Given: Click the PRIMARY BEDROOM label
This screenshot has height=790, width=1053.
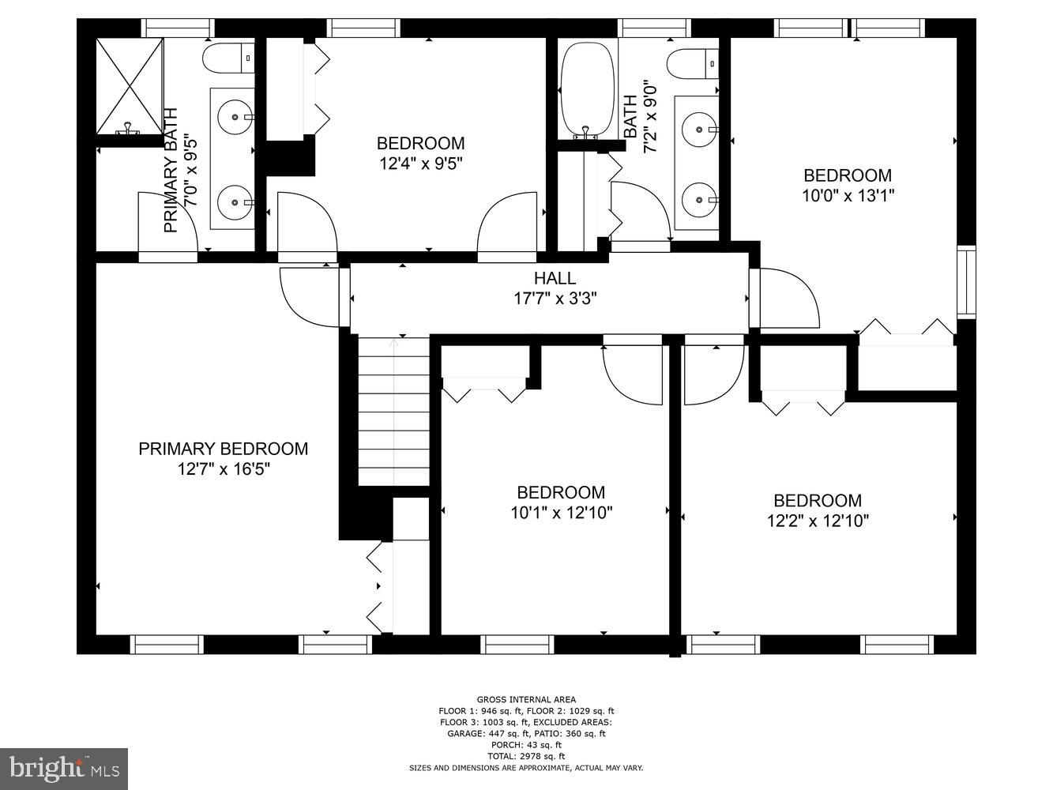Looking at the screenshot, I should coord(223,449).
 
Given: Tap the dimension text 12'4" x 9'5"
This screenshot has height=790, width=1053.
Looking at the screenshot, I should coord(420,164).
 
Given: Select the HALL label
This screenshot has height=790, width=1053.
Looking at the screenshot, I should coord(555,278).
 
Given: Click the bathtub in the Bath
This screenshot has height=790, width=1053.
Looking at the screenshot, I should coord(587,89).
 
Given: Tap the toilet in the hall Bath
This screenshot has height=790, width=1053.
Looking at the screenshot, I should coord(692,63).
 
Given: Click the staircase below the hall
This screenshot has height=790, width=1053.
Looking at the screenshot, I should coord(393,411).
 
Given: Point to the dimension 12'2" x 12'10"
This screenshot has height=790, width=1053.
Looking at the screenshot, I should coord(818,521).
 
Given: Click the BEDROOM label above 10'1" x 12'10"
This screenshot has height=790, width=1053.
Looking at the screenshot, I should coord(561,492).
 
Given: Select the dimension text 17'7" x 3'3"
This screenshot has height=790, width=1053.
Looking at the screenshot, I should coord(555,299).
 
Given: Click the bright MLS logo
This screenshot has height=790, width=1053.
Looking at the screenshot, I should coord(63,768).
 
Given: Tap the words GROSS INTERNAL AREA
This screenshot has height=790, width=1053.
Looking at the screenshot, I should coord(526,699).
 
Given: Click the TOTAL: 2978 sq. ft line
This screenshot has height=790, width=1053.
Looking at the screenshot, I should coord(526,756).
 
